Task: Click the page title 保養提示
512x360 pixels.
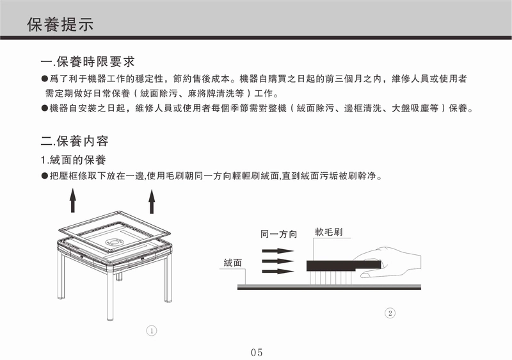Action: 60,24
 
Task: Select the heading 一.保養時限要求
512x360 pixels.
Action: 88,61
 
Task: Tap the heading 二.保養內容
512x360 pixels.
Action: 74,141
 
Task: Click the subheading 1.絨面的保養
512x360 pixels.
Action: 73,160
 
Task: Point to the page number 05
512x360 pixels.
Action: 257,352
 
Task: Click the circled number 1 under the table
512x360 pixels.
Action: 152,331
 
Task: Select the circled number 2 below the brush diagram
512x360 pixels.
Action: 390,313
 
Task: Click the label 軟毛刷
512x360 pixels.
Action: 328,232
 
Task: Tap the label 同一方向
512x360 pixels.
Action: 278,234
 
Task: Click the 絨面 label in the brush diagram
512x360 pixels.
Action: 233,263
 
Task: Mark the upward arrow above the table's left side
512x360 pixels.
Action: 73,200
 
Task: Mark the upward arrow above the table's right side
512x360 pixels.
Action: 152,202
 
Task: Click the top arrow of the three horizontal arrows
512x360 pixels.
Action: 278,251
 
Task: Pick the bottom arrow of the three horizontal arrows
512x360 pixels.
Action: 278,271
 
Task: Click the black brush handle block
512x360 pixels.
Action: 344,265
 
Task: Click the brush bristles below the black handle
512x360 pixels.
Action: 330,277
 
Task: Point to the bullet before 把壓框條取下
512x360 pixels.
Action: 45,176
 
